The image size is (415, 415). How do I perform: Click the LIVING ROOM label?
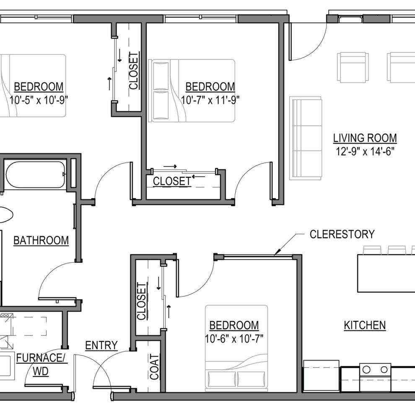click(365, 138)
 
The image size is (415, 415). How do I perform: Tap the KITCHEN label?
click(365, 325)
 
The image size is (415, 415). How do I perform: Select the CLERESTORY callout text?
click(342, 234)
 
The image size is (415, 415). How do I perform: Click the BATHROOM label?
click(41, 241)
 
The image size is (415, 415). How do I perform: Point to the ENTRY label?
click(101, 345)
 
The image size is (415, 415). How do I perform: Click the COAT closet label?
click(155, 367)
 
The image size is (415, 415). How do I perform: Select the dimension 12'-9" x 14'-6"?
click(365, 151)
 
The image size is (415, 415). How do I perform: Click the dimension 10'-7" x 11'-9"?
click(210, 100)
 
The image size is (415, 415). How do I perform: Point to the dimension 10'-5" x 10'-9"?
click(39, 100)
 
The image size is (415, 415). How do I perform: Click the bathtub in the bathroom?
click(36, 174)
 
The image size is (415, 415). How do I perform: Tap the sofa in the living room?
click(306, 138)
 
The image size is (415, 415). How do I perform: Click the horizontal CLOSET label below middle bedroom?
click(172, 182)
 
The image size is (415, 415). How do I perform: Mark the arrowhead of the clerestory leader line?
click(275, 254)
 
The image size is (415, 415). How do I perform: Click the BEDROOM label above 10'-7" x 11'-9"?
click(210, 87)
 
